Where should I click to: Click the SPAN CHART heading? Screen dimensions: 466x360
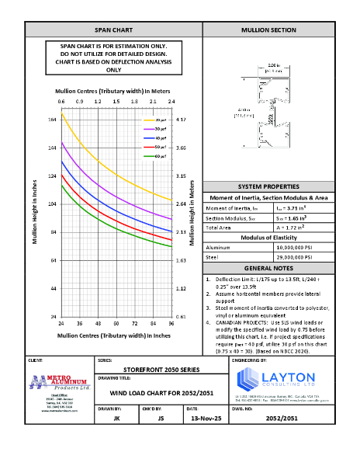pyautogui.click(x=113, y=30)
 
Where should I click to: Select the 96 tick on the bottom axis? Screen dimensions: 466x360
pyautogui.click(x=171, y=322)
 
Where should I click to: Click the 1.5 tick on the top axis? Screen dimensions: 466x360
pyautogui.click(x=116, y=101)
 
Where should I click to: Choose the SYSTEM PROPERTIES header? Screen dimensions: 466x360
pyautogui.click(x=268, y=187)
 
